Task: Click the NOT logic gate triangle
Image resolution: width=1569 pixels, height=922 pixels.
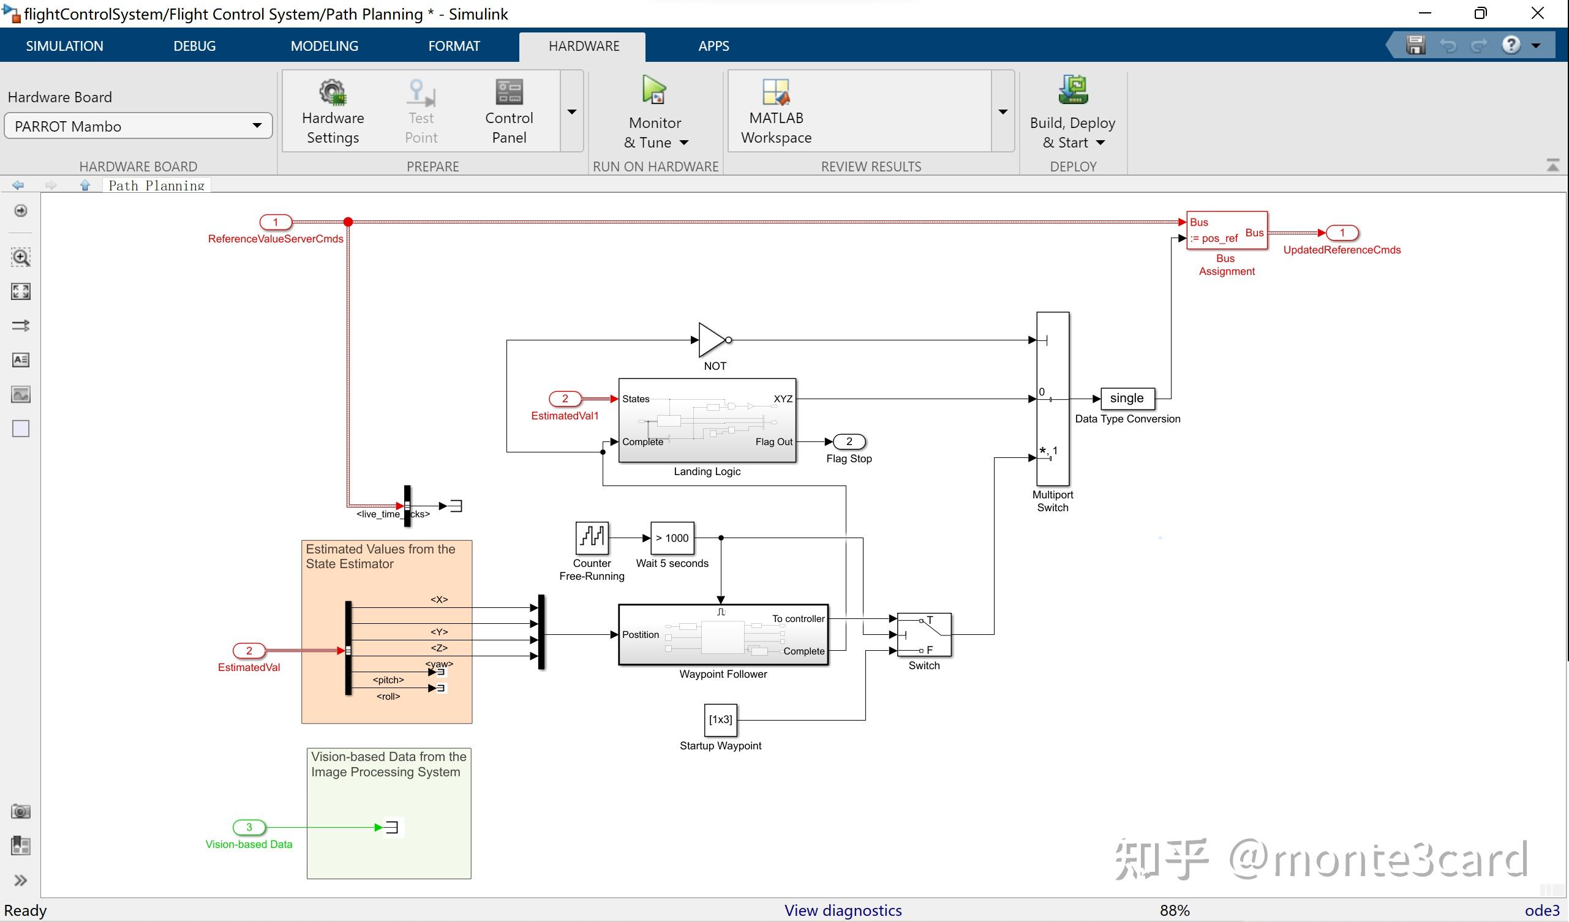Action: point(711,340)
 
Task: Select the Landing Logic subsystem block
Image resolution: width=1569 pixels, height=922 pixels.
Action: point(707,420)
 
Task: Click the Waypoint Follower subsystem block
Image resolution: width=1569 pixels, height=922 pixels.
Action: point(722,634)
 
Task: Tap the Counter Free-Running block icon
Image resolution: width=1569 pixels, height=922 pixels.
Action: point(592,538)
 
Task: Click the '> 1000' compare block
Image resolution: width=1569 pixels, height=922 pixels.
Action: point(672,538)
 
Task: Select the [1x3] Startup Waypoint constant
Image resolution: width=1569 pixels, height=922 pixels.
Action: point(720,720)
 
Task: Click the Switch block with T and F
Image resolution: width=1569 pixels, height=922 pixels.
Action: point(924,634)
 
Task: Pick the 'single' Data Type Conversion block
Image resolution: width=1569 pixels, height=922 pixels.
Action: point(1127,399)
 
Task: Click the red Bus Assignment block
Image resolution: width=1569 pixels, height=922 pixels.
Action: point(1226,230)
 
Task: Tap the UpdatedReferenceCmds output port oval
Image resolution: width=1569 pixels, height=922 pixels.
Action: point(1342,233)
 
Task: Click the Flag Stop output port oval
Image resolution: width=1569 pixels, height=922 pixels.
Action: point(849,441)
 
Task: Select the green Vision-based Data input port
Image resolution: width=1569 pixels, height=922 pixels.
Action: point(249,826)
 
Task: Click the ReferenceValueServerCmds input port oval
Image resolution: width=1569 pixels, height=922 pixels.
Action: point(276,222)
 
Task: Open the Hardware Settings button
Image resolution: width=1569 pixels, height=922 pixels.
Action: point(333,112)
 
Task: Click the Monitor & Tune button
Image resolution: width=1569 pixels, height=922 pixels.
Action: point(655,112)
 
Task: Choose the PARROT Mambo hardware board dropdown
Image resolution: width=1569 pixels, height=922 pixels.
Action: point(138,126)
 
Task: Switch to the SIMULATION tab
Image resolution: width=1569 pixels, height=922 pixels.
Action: point(64,46)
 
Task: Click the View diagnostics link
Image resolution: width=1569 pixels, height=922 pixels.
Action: point(843,910)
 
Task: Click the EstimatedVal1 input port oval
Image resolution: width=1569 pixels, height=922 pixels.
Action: point(565,399)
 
